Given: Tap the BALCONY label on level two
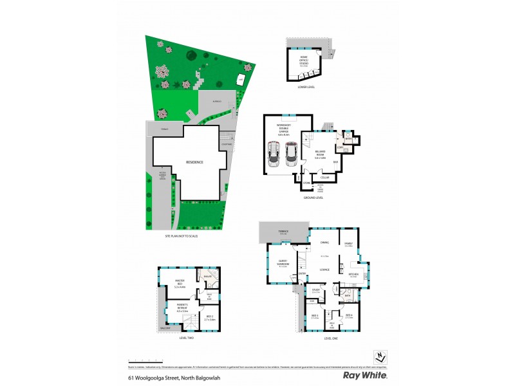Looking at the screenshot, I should pos(166,327).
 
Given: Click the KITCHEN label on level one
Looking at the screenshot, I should pos(353,275).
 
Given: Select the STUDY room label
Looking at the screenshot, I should pos(315,291).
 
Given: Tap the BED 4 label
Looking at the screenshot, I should pos(348,315).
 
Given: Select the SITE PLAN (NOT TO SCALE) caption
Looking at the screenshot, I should pos(182,237).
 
